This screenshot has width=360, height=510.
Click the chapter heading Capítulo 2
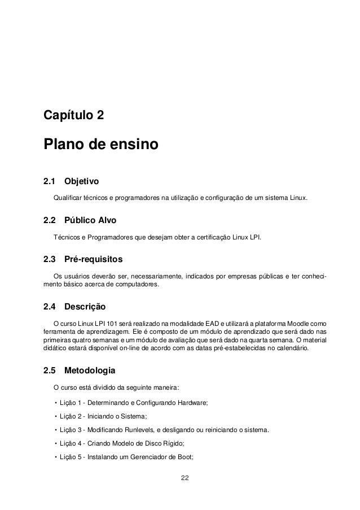tap(73, 116)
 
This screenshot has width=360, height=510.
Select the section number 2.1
tap(50, 182)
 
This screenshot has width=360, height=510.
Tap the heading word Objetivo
tap(82, 182)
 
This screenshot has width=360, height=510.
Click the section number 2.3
tap(50, 260)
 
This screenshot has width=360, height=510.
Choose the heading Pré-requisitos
tap(93, 260)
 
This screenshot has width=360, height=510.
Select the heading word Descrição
tap(85, 307)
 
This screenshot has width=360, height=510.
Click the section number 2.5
tap(50, 371)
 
